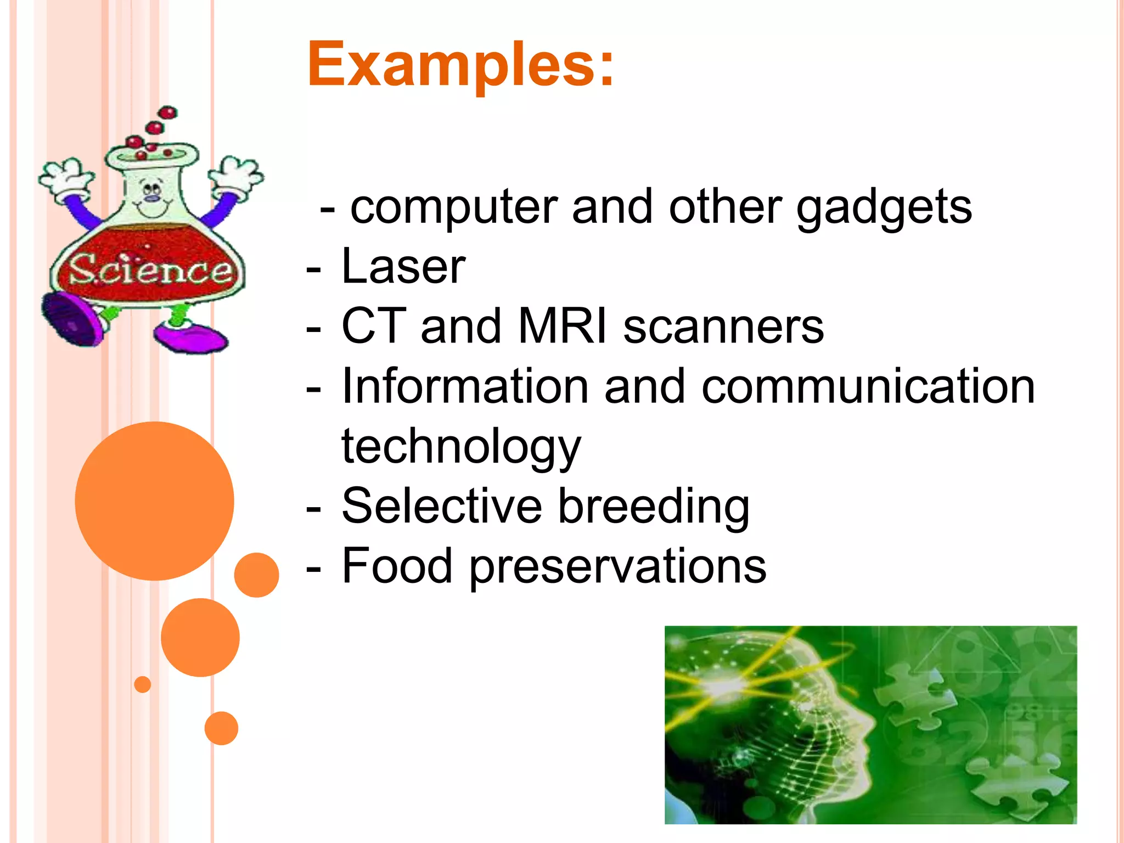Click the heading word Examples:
pos(460,65)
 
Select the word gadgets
pos(884,207)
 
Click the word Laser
pos(403,267)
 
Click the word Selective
pos(442,505)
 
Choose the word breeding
pos(654,507)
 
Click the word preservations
pos(617,566)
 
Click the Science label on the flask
pos(149,270)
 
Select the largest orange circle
pos(154,501)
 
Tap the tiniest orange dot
pos(142,684)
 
